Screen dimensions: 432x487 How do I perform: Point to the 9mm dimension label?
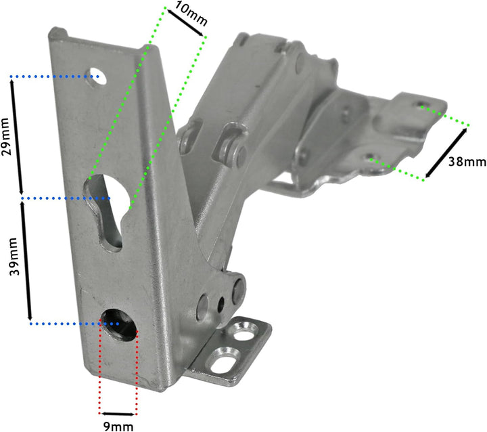coord(119,426)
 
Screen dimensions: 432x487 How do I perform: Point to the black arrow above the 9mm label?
coord(118,413)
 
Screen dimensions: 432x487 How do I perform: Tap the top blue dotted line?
coord(54,77)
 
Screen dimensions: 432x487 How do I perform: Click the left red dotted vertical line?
coord(101,369)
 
